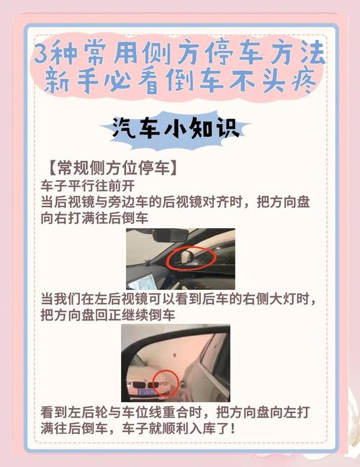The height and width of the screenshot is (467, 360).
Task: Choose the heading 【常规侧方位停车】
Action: [x=109, y=169]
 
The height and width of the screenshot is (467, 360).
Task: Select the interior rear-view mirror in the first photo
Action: [x=168, y=235]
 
